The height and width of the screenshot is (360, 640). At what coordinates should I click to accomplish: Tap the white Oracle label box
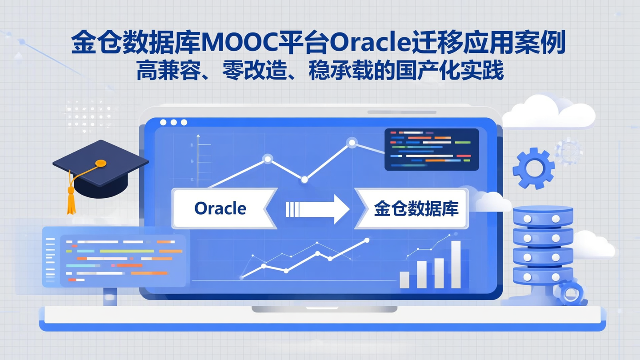(220, 208)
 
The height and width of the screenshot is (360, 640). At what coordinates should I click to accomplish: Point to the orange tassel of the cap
(71, 200)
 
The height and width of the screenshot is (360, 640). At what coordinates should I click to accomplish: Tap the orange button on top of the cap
(101, 163)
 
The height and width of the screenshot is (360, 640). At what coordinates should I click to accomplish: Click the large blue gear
(533, 168)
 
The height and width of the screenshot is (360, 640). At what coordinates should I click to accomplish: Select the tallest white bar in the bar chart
(456, 264)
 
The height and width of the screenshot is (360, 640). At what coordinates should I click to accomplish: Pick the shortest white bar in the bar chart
(404, 280)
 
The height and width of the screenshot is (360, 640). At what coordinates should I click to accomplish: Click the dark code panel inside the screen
(431, 149)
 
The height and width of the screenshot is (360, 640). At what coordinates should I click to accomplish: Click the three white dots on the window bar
(173, 122)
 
